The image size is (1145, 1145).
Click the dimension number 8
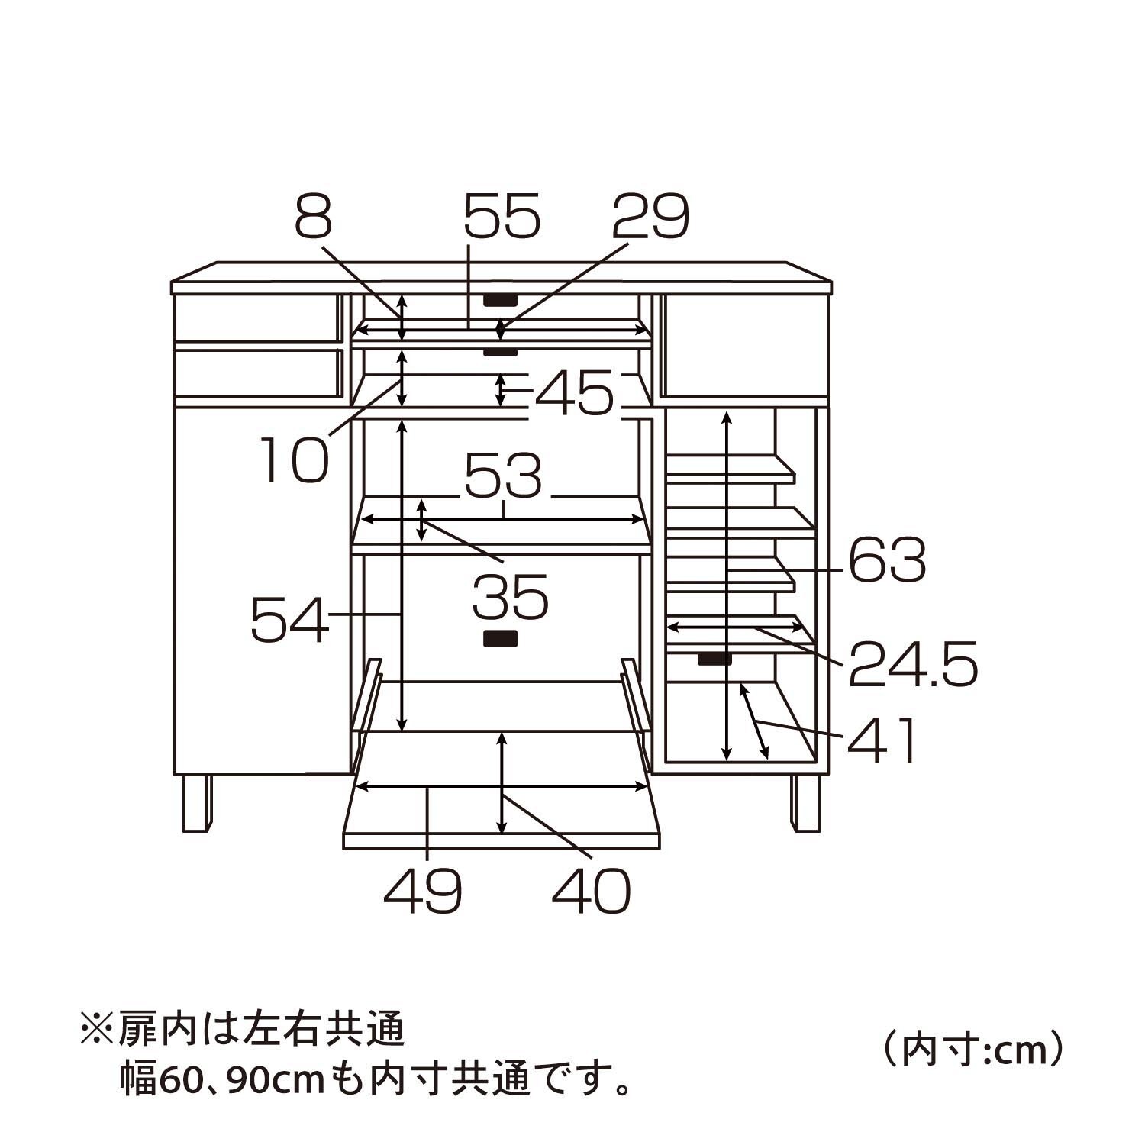click(314, 216)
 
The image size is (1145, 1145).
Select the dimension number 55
click(502, 216)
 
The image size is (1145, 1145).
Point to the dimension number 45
click(575, 393)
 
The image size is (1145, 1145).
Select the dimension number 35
click(510, 597)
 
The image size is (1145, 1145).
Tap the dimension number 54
click(290, 619)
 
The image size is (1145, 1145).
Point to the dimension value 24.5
click(913, 665)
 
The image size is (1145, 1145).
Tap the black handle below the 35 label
click(501, 639)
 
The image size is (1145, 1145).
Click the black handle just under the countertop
click(501, 299)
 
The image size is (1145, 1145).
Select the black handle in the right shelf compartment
click(714, 659)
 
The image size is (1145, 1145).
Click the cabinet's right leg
click(805, 803)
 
